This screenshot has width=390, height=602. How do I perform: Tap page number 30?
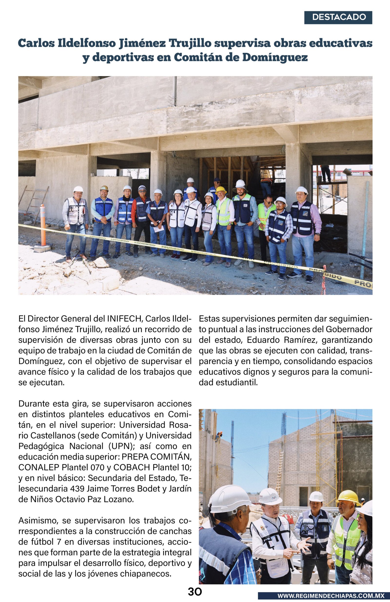(x=195, y=592)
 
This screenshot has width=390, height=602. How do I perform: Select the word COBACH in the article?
(x=131, y=467)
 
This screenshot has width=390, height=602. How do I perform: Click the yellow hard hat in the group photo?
(x=221, y=190)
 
